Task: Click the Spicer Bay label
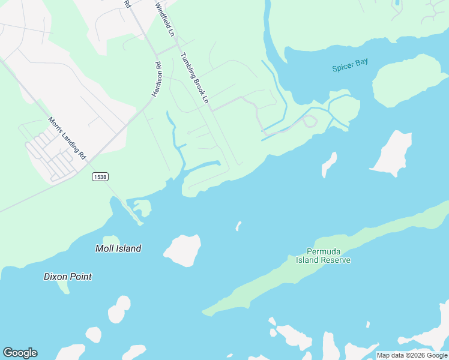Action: pyautogui.click(x=350, y=65)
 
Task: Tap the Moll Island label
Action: pyautogui.click(x=118, y=248)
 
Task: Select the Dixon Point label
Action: pyautogui.click(x=68, y=277)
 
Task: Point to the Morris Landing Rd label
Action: pyautogui.click(x=67, y=138)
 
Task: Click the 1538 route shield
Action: pyautogui.click(x=100, y=176)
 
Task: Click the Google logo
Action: pyautogui.click(x=20, y=353)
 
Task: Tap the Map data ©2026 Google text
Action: pyautogui.click(x=412, y=355)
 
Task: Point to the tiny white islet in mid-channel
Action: pyautogui.click(x=238, y=226)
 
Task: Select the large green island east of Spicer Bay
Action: pyautogui.click(x=407, y=80)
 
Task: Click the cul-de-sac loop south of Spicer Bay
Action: pyautogui.click(x=310, y=122)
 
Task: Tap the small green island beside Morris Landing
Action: pyautogui.click(x=142, y=208)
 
